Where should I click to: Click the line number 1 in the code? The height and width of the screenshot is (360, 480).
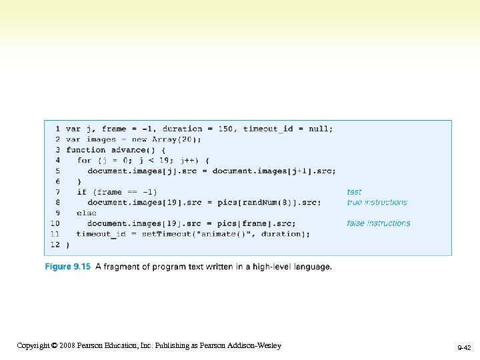(57, 129)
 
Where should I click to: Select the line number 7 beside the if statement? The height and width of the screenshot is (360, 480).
(57, 192)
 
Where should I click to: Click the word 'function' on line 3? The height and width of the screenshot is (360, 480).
(85, 150)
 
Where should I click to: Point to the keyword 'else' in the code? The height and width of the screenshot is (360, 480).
(87, 213)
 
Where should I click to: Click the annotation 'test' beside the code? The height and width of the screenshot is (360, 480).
(354, 192)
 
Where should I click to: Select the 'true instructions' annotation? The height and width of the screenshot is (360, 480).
(377, 202)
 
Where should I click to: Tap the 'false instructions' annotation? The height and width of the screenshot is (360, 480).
(378, 223)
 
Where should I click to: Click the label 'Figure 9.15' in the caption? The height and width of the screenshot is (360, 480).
(67, 267)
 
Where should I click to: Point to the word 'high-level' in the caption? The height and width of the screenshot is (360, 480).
(272, 267)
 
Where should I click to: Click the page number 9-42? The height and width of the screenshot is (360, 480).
(464, 348)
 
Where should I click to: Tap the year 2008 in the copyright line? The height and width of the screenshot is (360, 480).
(67, 345)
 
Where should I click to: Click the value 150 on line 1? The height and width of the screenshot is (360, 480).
(225, 129)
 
